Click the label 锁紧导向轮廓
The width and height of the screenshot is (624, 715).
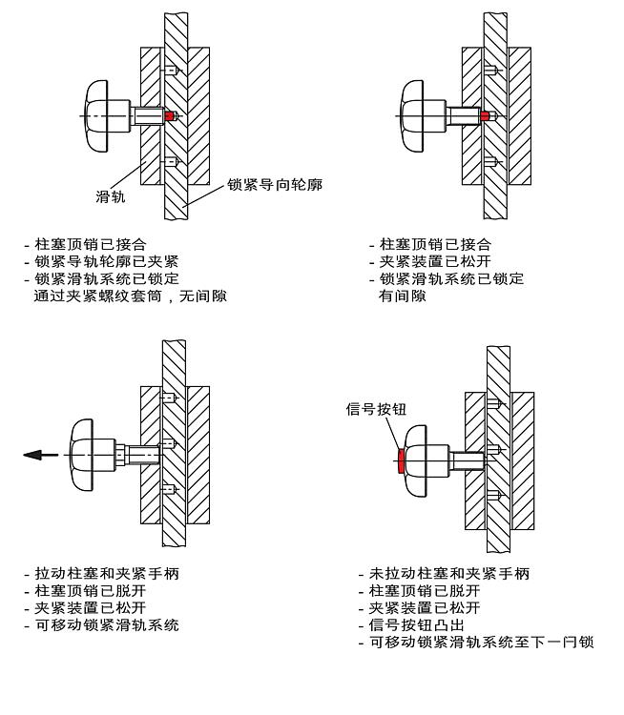[x=274, y=184]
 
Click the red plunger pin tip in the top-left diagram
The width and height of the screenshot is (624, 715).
[x=171, y=116]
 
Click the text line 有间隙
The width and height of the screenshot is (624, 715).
[x=403, y=296]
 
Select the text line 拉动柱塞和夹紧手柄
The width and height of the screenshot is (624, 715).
[x=107, y=574]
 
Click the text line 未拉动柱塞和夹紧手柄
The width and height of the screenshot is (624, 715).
[x=448, y=574]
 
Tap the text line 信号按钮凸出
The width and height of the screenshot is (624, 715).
[x=416, y=625]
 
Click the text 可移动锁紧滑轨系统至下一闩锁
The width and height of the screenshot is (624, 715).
[x=481, y=643]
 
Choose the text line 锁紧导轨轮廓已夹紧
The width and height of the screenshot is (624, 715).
[x=107, y=262]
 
